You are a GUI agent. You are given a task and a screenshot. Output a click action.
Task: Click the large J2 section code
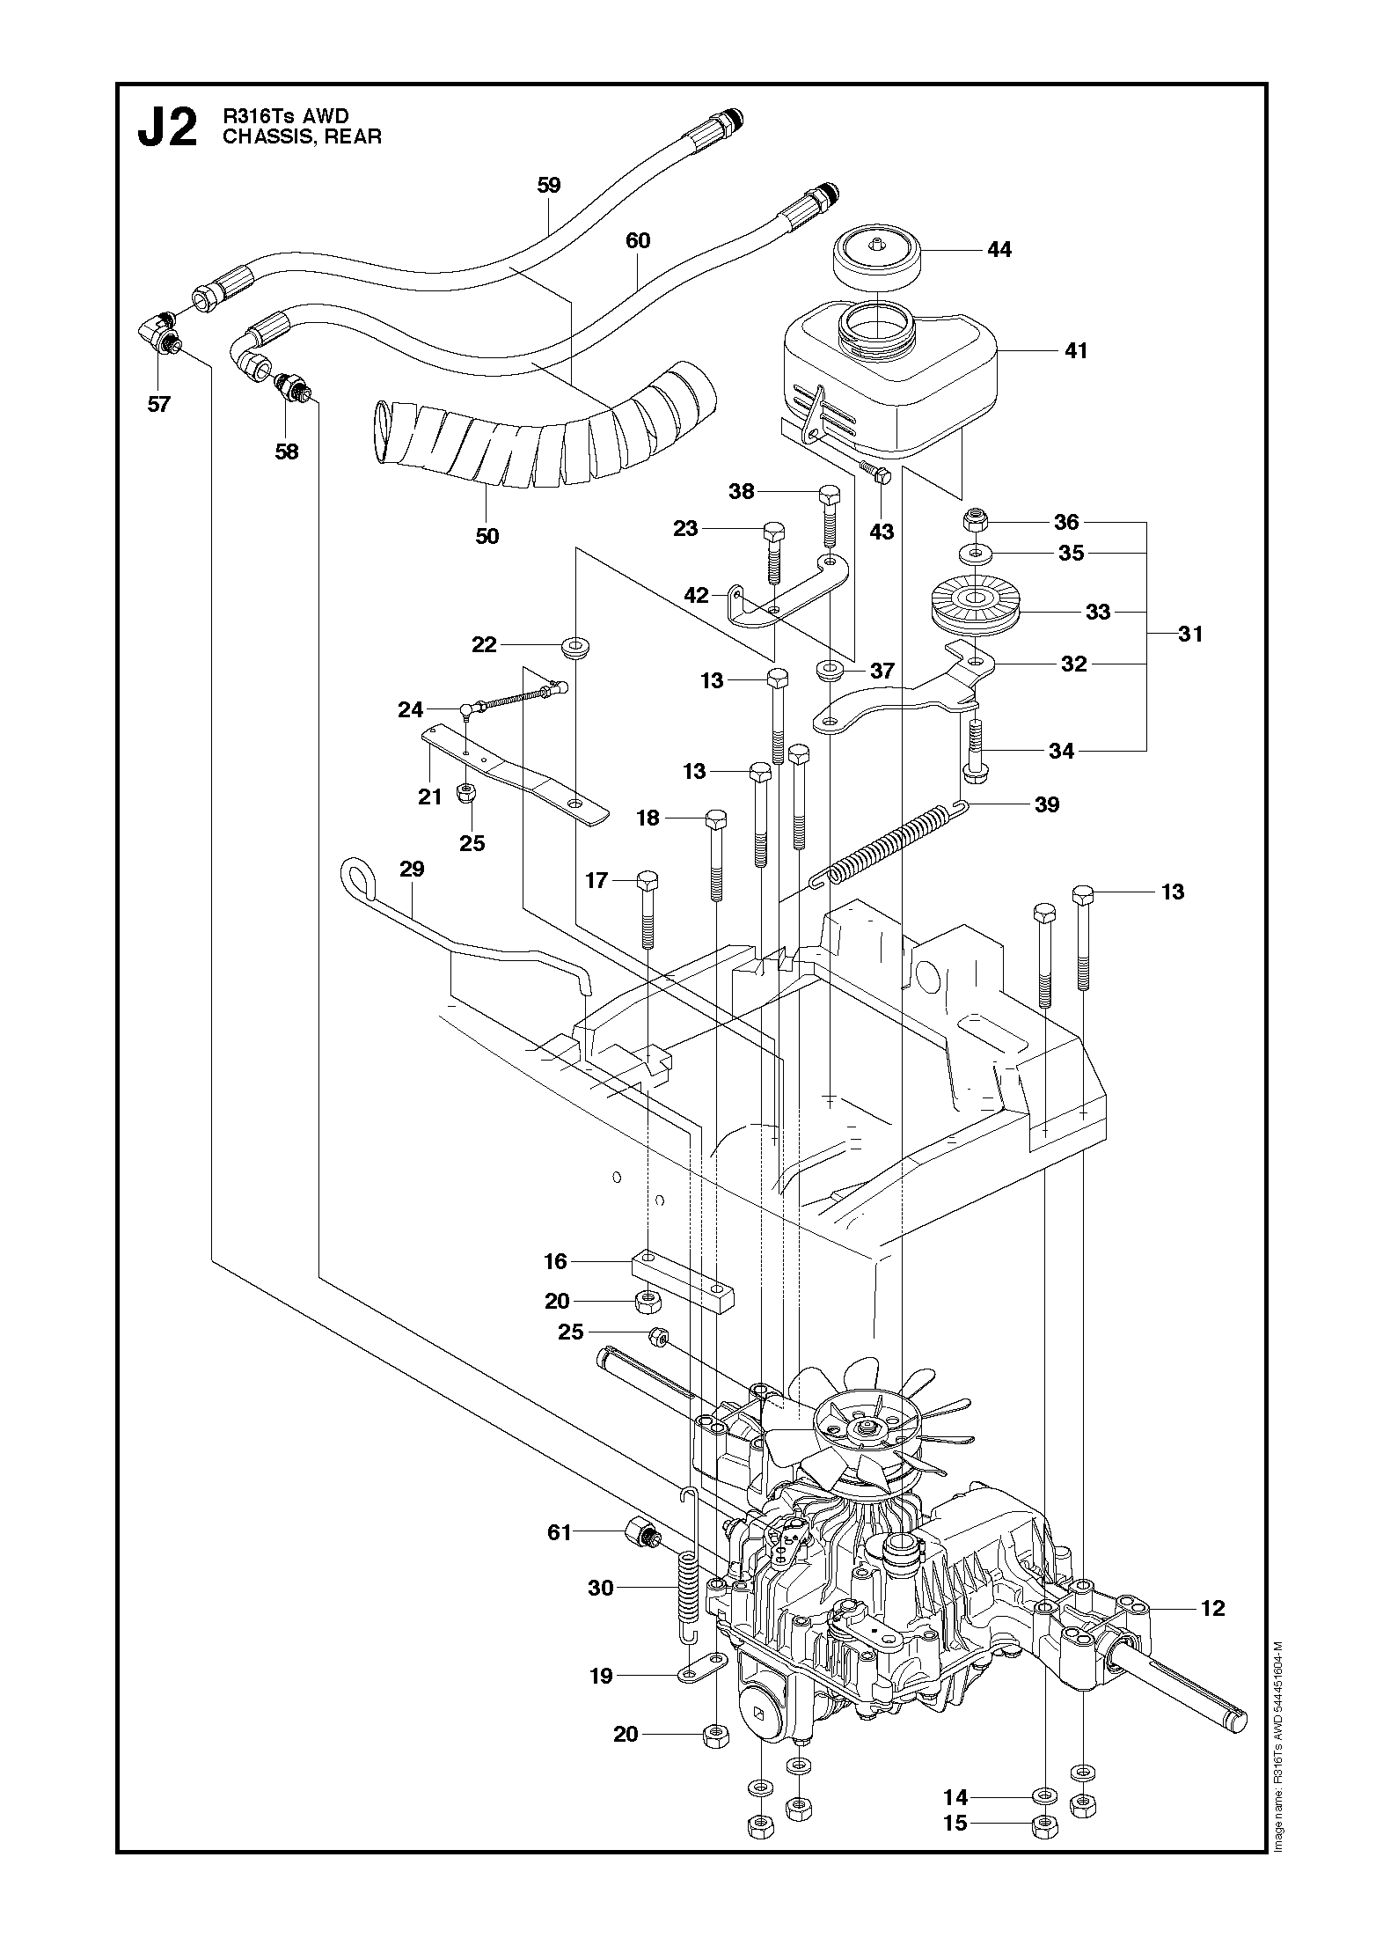[168, 128]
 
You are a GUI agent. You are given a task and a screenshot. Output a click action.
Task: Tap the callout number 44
[999, 250]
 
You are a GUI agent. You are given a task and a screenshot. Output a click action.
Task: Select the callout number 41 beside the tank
[1075, 350]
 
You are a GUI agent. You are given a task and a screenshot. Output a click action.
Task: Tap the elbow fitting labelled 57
[161, 338]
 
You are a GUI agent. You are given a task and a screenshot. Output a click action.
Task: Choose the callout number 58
[286, 452]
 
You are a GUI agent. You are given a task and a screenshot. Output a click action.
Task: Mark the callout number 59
[548, 186]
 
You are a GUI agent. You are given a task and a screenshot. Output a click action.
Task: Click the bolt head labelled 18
[715, 819]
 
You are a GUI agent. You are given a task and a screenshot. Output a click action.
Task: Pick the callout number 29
[412, 869]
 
